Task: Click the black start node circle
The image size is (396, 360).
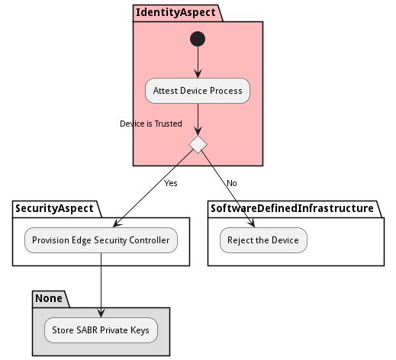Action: tap(198, 38)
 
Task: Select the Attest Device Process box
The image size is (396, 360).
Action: tap(198, 91)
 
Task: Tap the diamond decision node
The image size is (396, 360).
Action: tap(198, 144)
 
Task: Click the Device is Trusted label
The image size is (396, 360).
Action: tap(151, 124)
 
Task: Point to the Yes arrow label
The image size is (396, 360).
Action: tap(170, 184)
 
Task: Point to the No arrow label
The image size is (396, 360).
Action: tap(232, 184)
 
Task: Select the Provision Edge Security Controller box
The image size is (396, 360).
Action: tap(101, 241)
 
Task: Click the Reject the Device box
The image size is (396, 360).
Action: tap(263, 241)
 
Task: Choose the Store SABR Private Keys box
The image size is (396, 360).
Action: tap(101, 331)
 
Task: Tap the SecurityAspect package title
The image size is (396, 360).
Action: tap(56, 208)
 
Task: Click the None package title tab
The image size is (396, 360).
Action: tap(50, 297)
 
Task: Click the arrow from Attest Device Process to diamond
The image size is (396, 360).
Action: tap(198, 119)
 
